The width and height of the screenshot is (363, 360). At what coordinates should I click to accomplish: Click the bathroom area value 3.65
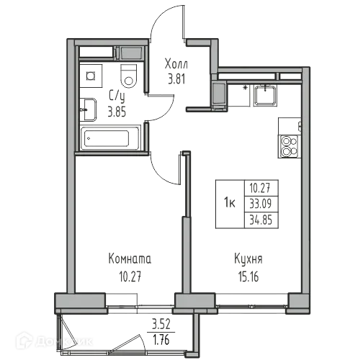coord(116,111)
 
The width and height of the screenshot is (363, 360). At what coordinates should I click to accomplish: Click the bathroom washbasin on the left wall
coord(89,109)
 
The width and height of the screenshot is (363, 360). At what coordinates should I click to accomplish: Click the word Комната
coord(130,258)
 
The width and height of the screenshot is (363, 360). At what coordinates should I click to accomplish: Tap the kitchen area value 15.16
coord(243,274)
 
